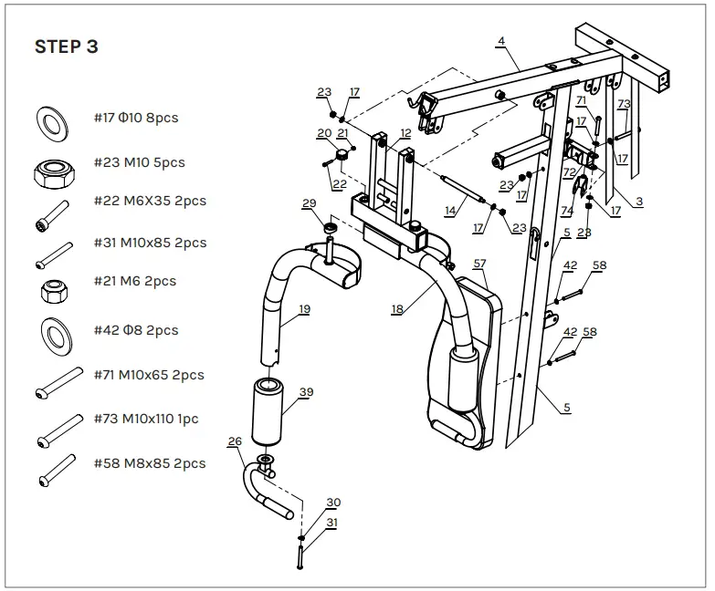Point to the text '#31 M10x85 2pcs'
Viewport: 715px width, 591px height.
pos(150,243)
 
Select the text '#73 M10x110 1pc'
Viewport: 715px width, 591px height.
pos(146,419)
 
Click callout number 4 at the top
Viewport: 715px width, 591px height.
pos(500,42)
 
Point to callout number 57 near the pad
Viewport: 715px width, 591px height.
pos(479,264)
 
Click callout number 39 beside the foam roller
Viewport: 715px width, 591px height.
pos(306,391)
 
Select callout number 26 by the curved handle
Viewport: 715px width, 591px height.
pos(235,441)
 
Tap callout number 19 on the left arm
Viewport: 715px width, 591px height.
pos(303,309)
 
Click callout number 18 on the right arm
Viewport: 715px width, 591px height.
pos(396,309)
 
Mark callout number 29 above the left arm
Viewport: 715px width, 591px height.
pos(309,202)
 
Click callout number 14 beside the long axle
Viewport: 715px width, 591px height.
pos(449,211)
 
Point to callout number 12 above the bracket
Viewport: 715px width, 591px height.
pos(405,133)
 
